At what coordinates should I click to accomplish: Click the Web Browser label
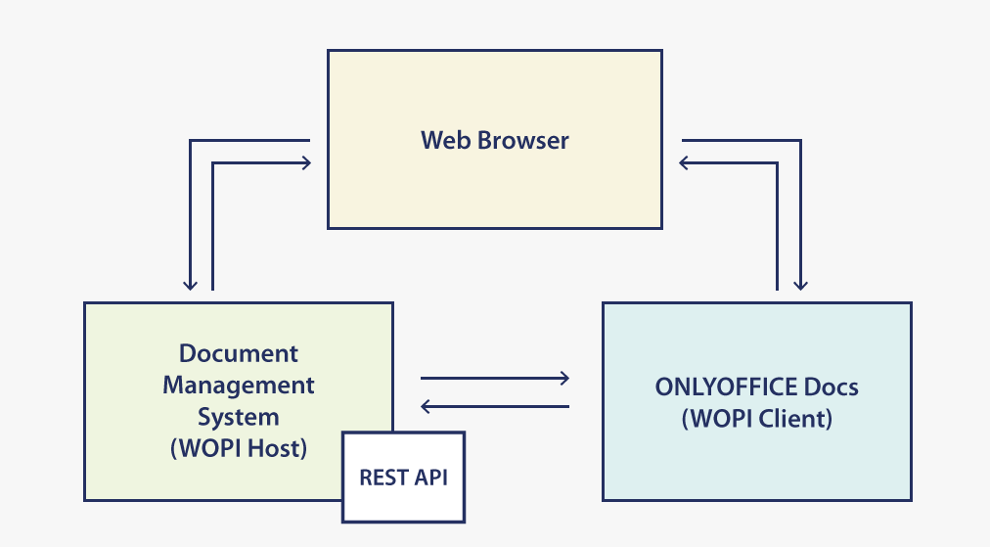(x=495, y=140)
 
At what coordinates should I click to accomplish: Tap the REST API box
(x=403, y=478)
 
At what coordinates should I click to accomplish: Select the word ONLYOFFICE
(x=717, y=387)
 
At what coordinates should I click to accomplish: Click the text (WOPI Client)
(x=757, y=419)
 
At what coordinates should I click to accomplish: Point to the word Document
(x=239, y=353)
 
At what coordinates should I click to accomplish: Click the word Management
(x=239, y=386)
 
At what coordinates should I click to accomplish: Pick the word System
(x=239, y=417)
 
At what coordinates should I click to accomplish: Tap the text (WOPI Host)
(x=239, y=448)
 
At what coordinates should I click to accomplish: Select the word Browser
(x=523, y=140)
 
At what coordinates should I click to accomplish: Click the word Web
(x=446, y=140)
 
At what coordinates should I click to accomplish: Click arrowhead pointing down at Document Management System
(x=190, y=285)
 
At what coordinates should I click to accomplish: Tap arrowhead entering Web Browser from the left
(x=305, y=163)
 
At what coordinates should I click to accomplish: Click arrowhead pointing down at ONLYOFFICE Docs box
(x=800, y=285)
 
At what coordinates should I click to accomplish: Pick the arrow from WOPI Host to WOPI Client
(x=495, y=379)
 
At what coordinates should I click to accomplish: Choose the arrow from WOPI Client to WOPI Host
(x=495, y=407)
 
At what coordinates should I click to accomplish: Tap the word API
(x=429, y=478)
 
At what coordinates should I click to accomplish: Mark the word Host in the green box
(x=274, y=448)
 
